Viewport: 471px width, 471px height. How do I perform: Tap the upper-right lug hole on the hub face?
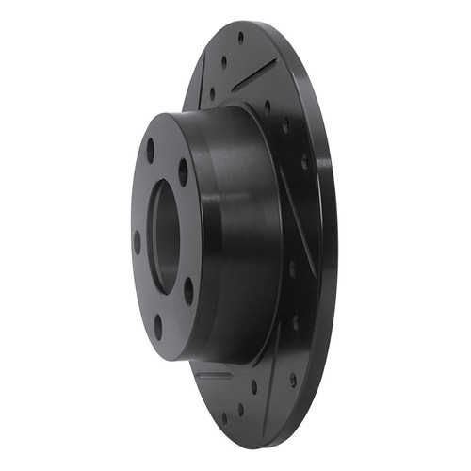click(x=183, y=172)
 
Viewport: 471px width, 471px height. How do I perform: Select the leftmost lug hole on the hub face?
click(x=138, y=240)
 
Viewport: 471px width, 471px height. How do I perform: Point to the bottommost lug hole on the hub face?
click(x=157, y=326)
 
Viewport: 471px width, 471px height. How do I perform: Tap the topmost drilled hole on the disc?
click(x=240, y=38)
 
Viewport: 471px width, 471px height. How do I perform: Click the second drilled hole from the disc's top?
click(x=224, y=61)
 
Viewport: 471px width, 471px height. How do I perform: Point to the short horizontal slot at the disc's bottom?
click(x=212, y=375)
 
